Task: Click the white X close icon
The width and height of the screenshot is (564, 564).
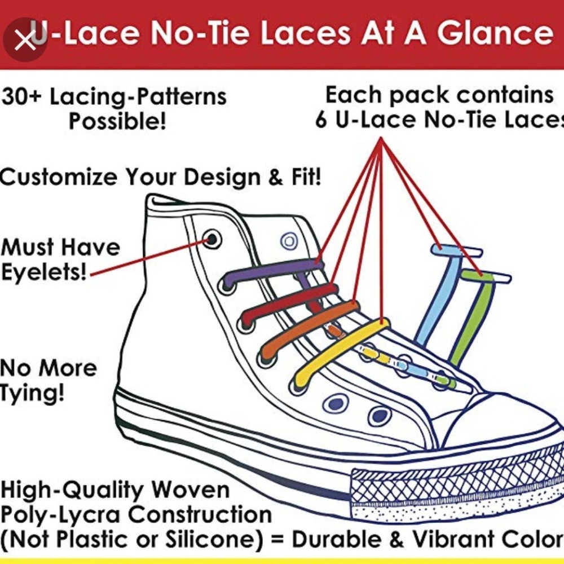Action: point(24,40)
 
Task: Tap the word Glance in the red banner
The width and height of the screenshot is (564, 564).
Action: point(495,33)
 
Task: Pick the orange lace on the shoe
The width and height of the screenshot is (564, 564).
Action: point(309,330)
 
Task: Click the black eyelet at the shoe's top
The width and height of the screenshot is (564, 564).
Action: point(211,239)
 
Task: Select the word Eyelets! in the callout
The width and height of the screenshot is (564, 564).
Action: point(44,272)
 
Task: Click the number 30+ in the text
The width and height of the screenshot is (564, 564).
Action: point(21,97)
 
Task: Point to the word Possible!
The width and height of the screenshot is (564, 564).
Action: point(117,122)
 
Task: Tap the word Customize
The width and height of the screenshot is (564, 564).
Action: point(59,177)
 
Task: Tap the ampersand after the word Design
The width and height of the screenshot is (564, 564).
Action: point(276,178)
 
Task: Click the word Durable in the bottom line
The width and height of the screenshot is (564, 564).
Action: point(337,539)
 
